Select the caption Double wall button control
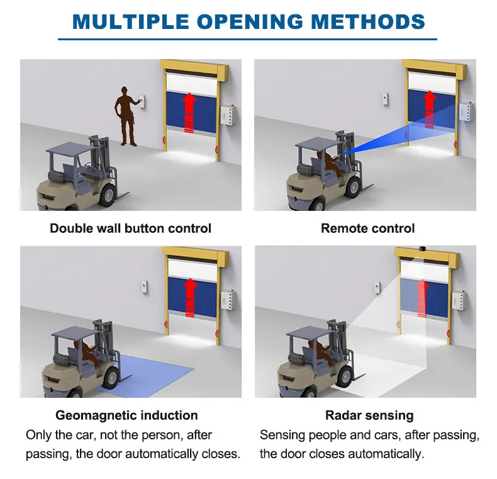pos(130,228)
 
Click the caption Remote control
pos(368,228)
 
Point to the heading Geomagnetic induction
pos(126,415)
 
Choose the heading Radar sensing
pos(369,415)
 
